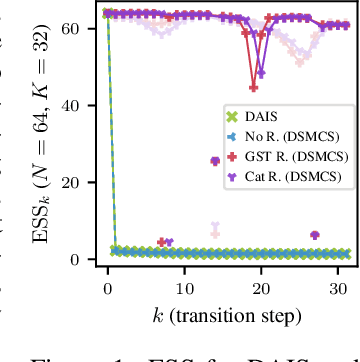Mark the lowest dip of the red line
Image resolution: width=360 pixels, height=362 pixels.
pyautogui.click(x=254, y=86)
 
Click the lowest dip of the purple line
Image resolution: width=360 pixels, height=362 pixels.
pyautogui.click(x=261, y=74)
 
